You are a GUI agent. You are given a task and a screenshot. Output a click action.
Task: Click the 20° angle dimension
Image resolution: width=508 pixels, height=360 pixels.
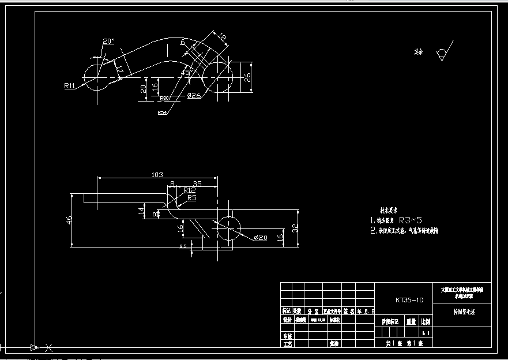108,41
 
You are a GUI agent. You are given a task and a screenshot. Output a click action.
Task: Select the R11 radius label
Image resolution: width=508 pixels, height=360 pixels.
70,86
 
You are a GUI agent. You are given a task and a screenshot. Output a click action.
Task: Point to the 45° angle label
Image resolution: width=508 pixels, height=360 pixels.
186,72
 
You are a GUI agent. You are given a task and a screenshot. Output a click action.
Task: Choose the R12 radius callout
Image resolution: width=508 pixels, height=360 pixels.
189,190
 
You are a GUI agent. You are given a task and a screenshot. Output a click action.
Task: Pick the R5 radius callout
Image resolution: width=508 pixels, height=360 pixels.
191,197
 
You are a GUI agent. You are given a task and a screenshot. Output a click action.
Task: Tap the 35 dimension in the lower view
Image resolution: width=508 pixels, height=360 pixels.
197,183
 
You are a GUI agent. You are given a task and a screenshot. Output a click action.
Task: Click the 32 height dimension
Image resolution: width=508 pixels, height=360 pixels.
296,228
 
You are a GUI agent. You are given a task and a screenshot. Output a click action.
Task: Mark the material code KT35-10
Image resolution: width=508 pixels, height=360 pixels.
409,300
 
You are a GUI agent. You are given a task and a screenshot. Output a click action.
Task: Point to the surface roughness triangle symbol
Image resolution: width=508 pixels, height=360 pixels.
442,53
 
